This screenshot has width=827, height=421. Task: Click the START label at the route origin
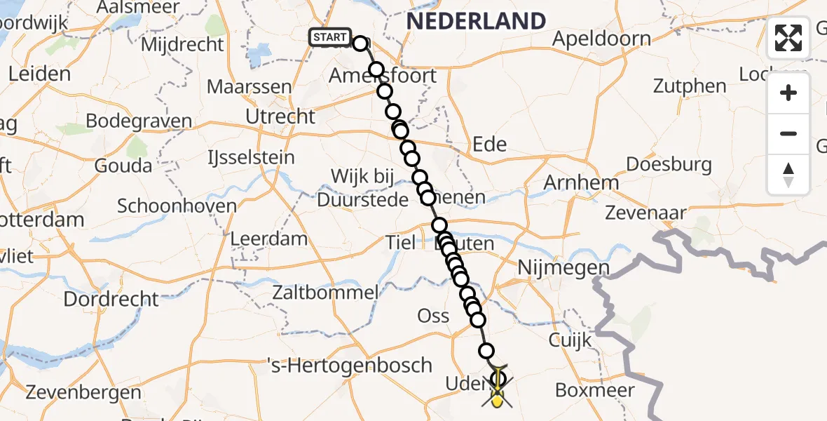coord(329,37)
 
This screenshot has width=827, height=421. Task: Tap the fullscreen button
coord(788,38)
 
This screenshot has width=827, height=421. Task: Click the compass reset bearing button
coord(788,175)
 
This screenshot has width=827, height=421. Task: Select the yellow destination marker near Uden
coord(497,401)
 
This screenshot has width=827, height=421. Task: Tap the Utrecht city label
coord(280,116)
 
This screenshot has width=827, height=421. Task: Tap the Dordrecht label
coord(111,299)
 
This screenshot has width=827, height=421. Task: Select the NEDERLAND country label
coord(476,21)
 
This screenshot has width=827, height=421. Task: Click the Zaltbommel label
coord(327,292)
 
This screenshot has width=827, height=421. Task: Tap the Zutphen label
coord(690,86)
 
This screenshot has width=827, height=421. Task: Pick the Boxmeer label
coord(594,390)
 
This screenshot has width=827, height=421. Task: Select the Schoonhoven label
coord(167,206)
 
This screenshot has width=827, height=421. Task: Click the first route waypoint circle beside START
coord(360,44)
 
